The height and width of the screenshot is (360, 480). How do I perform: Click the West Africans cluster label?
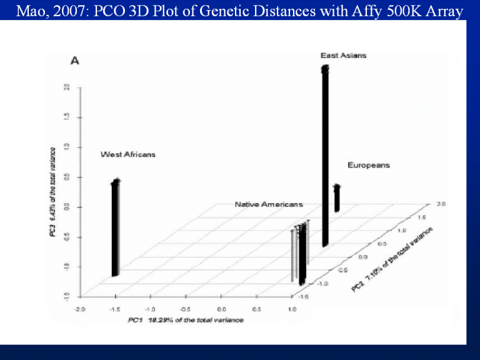point(128,154)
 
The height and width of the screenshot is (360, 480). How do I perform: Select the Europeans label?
point(369,165)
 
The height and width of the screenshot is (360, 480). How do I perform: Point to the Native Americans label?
point(269,204)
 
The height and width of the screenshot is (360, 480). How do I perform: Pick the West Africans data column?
point(115,228)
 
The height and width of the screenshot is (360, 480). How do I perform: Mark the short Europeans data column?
point(336,198)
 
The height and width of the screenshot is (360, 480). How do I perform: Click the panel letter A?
point(74,61)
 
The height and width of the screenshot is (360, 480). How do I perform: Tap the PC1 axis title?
point(185,320)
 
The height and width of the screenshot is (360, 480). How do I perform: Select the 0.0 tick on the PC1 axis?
point(221,309)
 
